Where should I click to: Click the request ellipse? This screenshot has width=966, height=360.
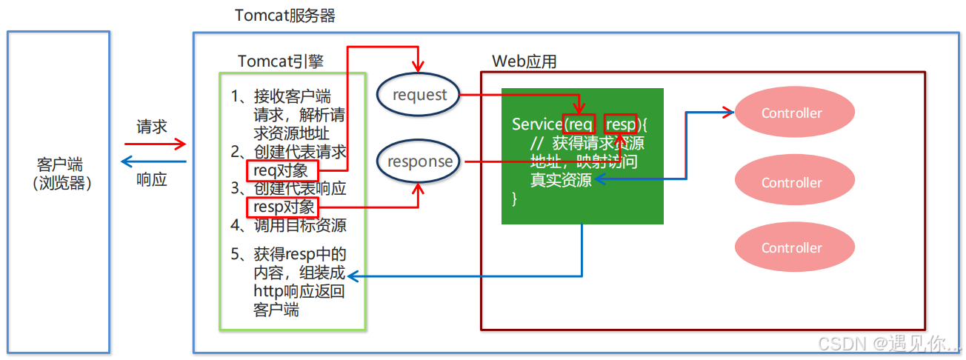[x=419, y=95]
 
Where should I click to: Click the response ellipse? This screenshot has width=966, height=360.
[x=419, y=161]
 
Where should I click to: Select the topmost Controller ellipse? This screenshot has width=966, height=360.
[x=792, y=113]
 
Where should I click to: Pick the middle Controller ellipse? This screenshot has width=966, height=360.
[x=792, y=182]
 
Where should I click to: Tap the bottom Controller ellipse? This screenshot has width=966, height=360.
[x=792, y=248]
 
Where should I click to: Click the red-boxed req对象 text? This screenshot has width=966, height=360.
[x=282, y=171]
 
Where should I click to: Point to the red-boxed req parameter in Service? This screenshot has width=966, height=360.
[x=581, y=124]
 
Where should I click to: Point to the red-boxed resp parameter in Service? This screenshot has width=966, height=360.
[x=621, y=124]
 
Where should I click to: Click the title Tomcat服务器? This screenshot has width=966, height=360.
[x=285, y=16]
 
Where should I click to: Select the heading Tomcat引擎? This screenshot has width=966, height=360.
[x=281, y=61]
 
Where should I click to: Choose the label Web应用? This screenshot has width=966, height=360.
[x=524, y=61]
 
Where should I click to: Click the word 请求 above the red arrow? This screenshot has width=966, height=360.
[x=152, y=127]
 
